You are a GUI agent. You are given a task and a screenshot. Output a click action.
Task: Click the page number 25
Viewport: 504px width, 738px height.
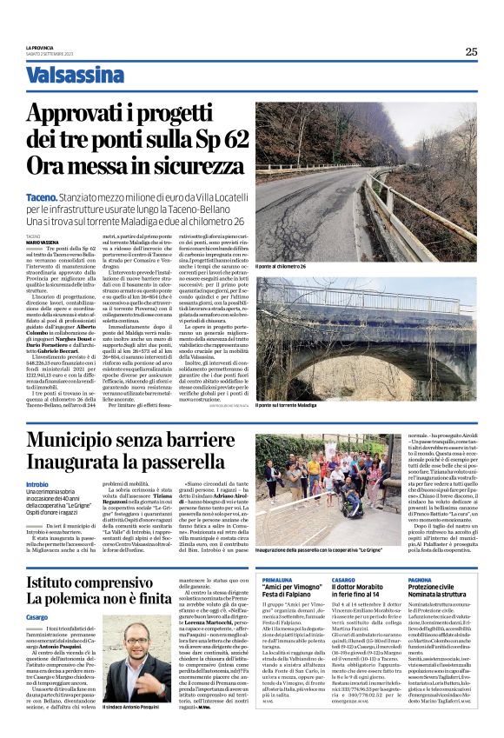(470, 51)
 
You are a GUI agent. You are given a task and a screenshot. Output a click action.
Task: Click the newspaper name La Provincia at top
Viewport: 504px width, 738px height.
(40, 46)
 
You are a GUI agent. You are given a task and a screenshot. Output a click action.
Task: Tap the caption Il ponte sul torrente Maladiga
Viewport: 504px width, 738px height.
(290, 405)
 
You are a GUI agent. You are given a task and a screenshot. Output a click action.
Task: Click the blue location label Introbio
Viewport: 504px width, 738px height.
(37, 483)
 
